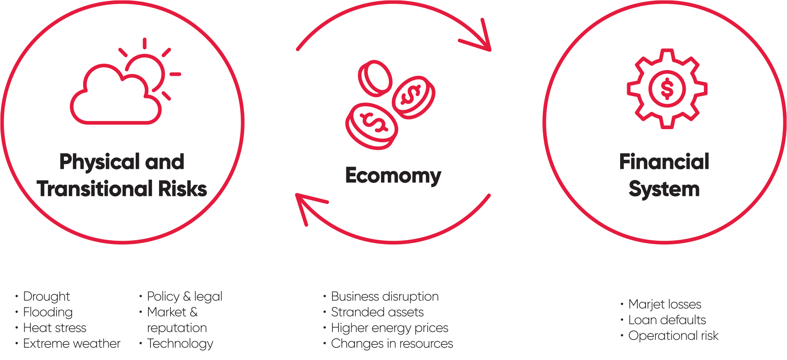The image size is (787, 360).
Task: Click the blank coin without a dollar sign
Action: pyautogui.click(x=375, y=78)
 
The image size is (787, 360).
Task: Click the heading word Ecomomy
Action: pyautogui.click(x=393, y=175)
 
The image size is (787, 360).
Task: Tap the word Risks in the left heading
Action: pyautogui.click(x=182, y=189)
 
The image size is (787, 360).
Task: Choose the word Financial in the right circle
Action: pyautogui.click(x=664, y=162)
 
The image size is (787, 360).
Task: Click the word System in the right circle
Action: pyautogui.click(x=664, y=189)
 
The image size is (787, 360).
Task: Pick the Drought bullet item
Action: pyautogui.click(x=46, y=296)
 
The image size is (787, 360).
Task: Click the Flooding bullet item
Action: pyautogui.click(x=48, y=312)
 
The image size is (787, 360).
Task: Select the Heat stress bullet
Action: pyautogui.click(x=55, y=328)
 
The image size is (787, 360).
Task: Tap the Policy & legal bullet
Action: pyautogui.click(x=184, y=296)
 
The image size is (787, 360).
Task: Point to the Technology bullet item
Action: pyautogui.click(x=180, y=344)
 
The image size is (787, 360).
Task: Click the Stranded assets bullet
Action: pyautogui.click(x=377, y=312)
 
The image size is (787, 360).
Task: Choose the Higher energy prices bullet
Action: pyautogui.click(x=389, y=328)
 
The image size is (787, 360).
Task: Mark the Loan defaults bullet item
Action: pyautogui.click(x=667, y=320)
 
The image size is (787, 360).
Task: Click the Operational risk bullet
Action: pyautogui.click(x=673, y=336)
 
